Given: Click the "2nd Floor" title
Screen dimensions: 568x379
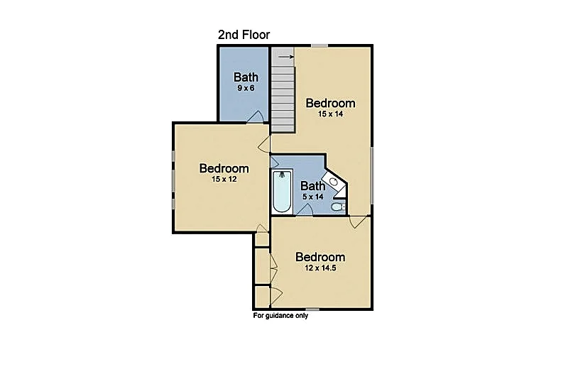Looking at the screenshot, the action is click(x=244, y=35).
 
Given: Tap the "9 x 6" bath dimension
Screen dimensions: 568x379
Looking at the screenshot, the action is click(x=246, y=88).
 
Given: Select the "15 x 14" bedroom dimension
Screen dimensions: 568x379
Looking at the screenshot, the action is click(x=330, y=114).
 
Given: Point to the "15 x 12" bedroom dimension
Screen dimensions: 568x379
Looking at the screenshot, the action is click(x=224, y=179).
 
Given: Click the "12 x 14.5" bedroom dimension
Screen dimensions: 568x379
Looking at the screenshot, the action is click(x=320, y=268).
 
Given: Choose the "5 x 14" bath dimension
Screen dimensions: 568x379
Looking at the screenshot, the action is click(x=313, y=197).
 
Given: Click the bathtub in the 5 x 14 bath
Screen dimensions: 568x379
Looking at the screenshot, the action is click(x=282, y=192).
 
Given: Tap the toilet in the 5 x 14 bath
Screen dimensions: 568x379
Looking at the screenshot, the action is click(x=339, y=207).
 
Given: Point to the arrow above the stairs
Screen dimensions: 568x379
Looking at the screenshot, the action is click(x=286, y=57).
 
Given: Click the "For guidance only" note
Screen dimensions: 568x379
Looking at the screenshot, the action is click(x=280, y=316).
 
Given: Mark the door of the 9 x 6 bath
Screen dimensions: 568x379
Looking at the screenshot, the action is click(x=255, y=116).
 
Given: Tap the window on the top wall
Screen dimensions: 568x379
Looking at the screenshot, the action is click(x=319, y=45).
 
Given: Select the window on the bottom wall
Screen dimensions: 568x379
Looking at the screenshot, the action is click(x=312, y=309).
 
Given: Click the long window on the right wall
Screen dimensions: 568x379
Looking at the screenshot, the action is click(x=371, y=175).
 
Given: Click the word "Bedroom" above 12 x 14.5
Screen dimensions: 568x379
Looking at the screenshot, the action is click(x=320, y=257).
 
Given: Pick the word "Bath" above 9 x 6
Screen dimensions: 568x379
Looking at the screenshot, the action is click(x=246, y=77).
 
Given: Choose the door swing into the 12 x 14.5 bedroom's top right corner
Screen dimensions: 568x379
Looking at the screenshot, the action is click(x=358, y=222).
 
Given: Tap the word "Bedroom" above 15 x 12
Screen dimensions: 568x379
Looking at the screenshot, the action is click(x=224, y=168).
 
